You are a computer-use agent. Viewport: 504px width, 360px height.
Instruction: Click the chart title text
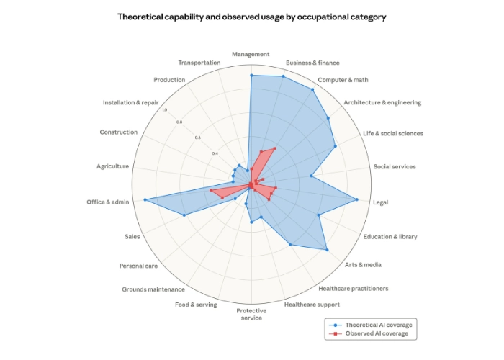(251, 17)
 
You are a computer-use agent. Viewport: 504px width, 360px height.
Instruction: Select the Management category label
(251, 54)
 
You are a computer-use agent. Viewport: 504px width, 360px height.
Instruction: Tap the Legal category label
(381, 202)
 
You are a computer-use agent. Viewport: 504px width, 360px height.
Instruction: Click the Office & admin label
(108, 202)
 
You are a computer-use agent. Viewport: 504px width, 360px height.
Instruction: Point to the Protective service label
(251, 315)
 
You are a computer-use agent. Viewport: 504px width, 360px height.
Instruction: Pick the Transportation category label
(199, 63)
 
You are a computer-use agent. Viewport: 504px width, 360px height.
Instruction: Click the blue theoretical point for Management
(251, 75)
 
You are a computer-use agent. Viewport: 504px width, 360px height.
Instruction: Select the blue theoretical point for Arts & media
(328, 250)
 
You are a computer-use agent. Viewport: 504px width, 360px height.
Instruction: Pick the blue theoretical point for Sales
(184, 215)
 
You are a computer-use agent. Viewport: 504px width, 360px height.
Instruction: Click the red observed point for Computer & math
(274, 148)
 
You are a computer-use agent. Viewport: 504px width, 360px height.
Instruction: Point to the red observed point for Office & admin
(211, 190)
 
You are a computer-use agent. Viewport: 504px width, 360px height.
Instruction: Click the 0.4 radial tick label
(215, 153)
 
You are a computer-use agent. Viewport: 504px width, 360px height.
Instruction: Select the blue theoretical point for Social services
(311, 175)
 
